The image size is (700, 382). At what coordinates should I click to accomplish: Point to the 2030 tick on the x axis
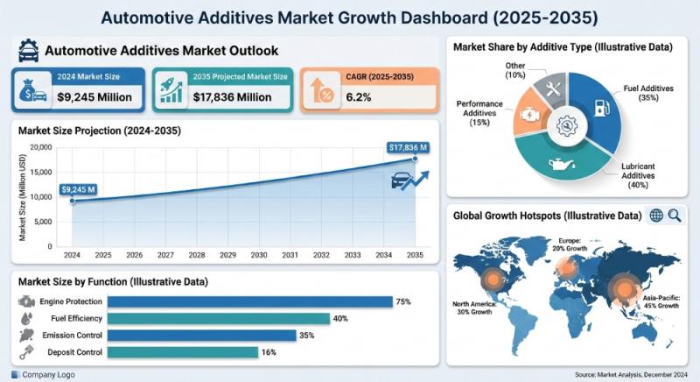click(x=259, y=255)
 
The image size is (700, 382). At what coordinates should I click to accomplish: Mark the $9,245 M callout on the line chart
click(x=79, y=187)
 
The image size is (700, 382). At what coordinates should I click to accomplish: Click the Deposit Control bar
click(x=183, y=352)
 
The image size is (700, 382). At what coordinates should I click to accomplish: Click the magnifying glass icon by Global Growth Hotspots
click(x=675, y=215)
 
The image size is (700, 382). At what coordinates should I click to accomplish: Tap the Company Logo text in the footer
click(x=50, y=374)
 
